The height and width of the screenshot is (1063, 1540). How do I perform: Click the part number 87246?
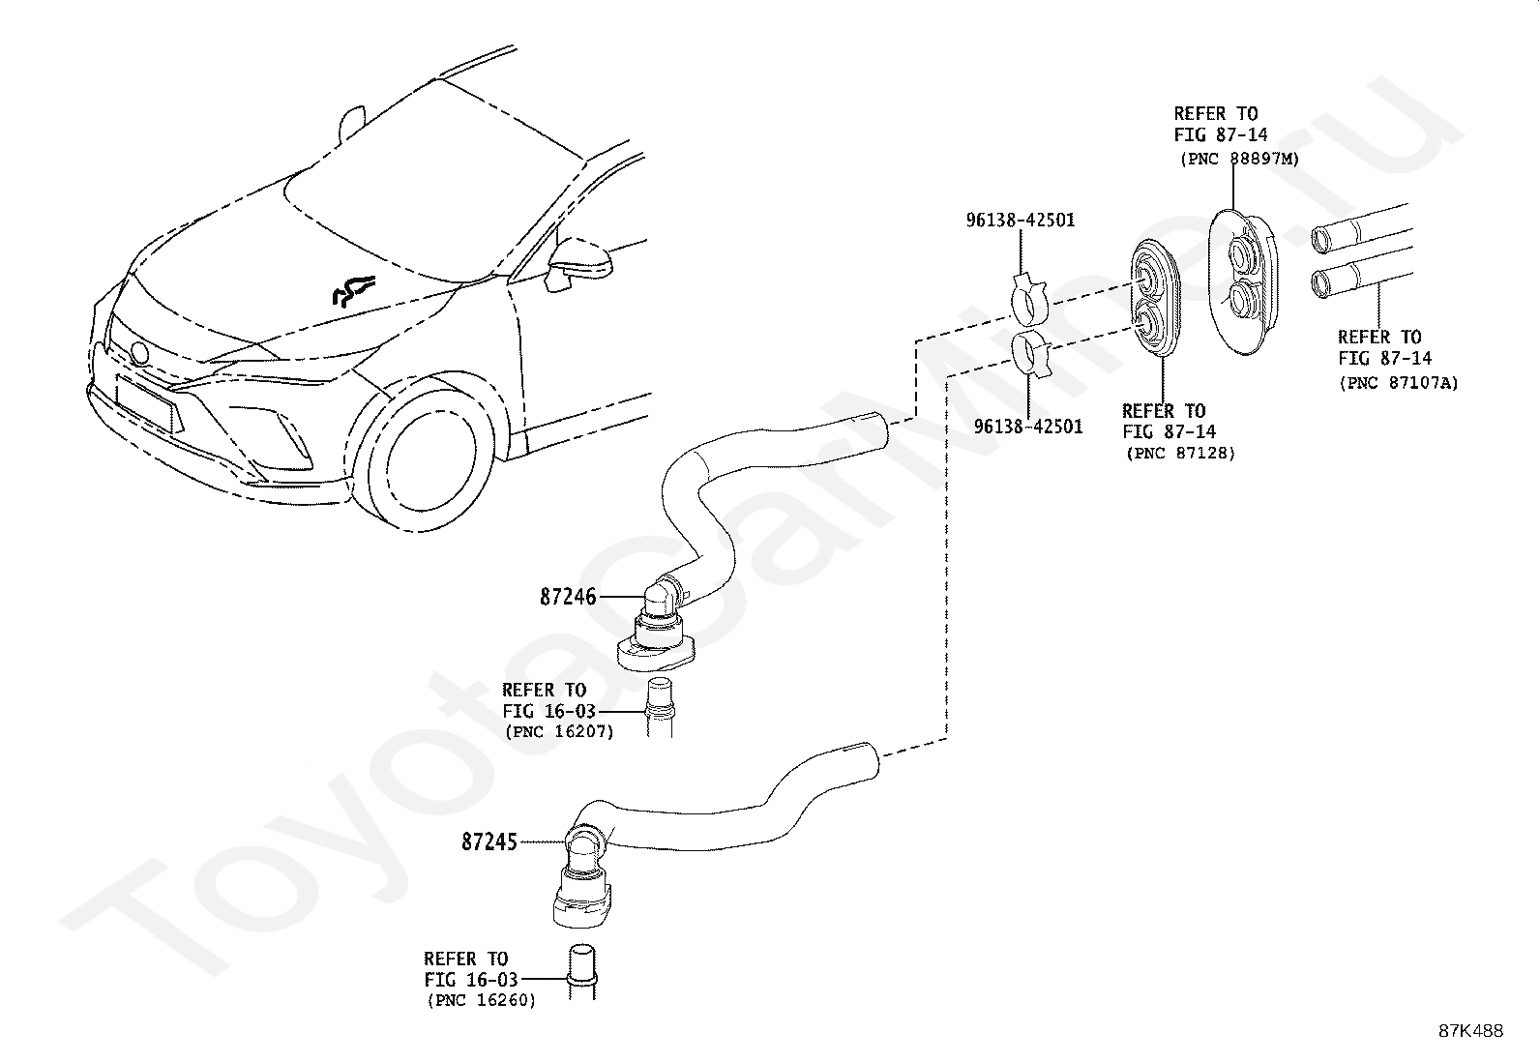pos(568,597)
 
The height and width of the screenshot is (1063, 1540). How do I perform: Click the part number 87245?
pos(489,842)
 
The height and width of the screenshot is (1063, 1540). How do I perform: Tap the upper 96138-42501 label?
pos(1021,220)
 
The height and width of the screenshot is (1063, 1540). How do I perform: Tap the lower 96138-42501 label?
pos(1028,427)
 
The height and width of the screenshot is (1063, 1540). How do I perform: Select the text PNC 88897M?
pos(1240,159)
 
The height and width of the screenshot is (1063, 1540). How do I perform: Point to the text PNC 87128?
pos(1181,453)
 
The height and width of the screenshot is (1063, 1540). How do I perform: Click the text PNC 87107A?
pos(1399,383)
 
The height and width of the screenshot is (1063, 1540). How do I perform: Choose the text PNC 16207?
pos(560,731)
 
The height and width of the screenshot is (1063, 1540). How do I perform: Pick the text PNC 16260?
pos(482,1000)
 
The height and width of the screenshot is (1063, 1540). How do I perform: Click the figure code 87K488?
pos(1470,1031)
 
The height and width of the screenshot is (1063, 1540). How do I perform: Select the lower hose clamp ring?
pos(1032,353)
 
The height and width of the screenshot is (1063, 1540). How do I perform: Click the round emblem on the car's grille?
pos(139,353)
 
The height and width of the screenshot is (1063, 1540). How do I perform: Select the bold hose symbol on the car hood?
pos(353,290)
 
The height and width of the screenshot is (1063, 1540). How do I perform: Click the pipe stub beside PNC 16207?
pos(660,707)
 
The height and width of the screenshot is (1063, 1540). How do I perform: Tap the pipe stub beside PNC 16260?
pos(581,971)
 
